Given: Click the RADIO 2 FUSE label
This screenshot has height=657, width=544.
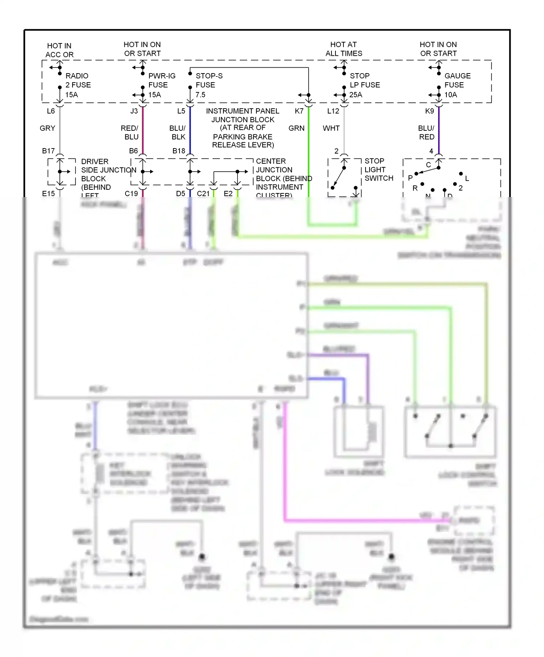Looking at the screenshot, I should [x=78, y=80].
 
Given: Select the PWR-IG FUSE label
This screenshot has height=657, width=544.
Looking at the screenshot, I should [x=161, y=80].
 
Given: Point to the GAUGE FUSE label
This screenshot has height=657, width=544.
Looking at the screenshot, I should [x=457, y=80].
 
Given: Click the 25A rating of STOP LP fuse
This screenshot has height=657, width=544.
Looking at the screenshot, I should [x=355, y=95].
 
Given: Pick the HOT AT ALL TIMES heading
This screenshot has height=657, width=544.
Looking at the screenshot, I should [x=343, y=49].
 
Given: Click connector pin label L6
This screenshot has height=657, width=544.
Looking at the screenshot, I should [x=51, y=111].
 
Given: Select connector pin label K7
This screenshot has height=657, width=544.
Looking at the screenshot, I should [x=299, y=111].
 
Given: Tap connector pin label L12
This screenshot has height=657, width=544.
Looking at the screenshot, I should [x=333, y=111].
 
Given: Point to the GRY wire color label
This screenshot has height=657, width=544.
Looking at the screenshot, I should [x=48, y=128].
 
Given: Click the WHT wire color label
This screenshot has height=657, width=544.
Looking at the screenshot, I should [x=331, y=128].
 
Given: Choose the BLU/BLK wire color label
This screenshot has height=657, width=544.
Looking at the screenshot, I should [x=178, y=133].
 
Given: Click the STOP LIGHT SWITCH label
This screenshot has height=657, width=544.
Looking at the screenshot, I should [x=379, y=170].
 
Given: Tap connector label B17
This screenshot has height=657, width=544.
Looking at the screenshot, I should [x=48, y=151].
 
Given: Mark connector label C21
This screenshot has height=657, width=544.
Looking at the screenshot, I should [x=203, y=194].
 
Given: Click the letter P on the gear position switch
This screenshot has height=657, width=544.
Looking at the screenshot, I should [x=410, y=178].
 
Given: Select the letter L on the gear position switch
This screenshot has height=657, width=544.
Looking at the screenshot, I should [x=467, y=179].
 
